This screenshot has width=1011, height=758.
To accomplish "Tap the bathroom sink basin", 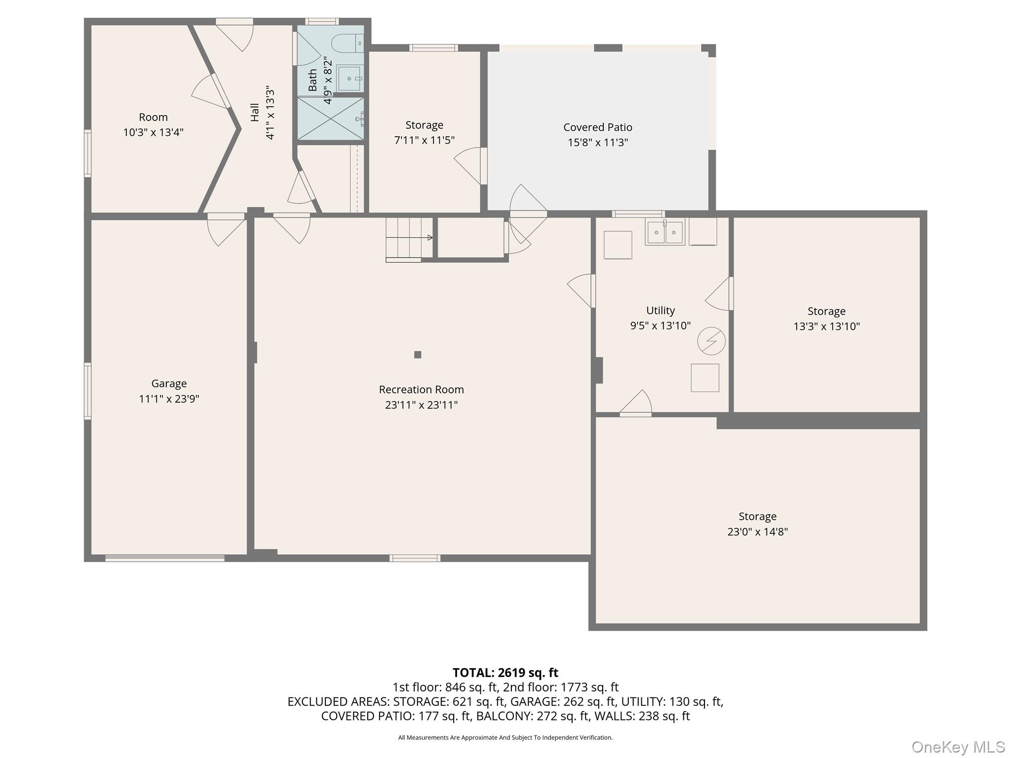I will point(350,78).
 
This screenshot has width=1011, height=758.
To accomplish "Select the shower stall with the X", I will point(330,118).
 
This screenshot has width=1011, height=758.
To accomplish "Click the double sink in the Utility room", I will point(664,232).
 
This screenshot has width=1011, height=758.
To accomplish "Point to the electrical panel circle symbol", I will point(711,341).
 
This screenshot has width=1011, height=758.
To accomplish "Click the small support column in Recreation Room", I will point(418,354).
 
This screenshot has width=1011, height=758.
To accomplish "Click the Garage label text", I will point(169,383).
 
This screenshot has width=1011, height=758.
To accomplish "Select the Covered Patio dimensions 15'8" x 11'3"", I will point(597,143).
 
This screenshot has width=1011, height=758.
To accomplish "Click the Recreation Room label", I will point(421,389).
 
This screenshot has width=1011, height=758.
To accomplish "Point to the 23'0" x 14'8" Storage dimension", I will point(757,531).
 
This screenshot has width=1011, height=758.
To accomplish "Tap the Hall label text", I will point(255,113).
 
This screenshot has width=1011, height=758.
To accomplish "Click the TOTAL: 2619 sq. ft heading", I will point(505,673).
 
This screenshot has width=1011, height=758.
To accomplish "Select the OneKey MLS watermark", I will point(958,747).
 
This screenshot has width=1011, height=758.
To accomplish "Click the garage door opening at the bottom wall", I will point(165,558).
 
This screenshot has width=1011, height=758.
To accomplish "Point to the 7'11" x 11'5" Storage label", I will point(424,140).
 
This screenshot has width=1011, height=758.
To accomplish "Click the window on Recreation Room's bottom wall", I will point(415,558).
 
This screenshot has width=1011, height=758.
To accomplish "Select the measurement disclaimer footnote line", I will point(505,737).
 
